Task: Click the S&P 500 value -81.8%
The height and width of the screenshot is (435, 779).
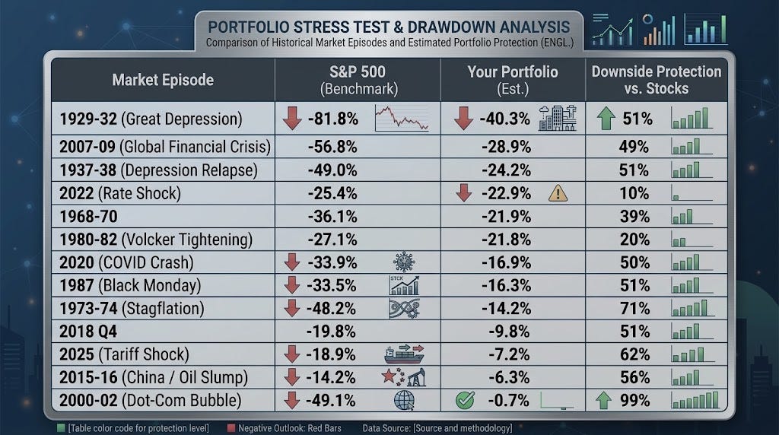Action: pyautogui.click(x=333, y=119)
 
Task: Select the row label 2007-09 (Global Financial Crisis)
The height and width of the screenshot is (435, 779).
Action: pyautogui.click(x=165, y=147)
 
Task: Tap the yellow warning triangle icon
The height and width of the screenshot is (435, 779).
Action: pyautogui.click(x=558, y=192)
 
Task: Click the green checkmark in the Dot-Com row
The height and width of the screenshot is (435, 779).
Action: pyautogui.click(x=465, y=400)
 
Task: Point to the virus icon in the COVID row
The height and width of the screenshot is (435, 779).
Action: pyautogui.click(x=404, y=262)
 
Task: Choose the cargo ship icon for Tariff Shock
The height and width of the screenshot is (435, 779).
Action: pyautogui.click(x=404, y=354)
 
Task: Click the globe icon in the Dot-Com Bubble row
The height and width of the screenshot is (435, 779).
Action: pyautogui.click(x=405, y=400)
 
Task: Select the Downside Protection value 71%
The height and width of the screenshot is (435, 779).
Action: pyautogui.click(x=634, y=308)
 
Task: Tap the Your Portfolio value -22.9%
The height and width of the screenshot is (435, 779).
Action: pyautogui.click(x=506, y=193)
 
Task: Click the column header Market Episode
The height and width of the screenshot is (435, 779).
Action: pyautogui.click(x=163, y=80)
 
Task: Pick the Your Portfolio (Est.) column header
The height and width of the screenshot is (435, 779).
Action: pyautogui.click(x=513, y=80)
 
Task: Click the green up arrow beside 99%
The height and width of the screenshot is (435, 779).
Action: pyautogui.click(x=603, y=400)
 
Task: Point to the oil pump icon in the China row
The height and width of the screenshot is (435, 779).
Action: pyautogui.click(x=416, y=377)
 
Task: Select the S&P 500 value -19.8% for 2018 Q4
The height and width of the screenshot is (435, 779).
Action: pyautogui.click(x=332, y=332)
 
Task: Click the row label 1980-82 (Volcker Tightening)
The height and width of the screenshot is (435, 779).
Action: pyautogui.click(x=156, y=240)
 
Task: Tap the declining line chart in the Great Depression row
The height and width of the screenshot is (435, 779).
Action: pyautogui.click(x=402, y=119)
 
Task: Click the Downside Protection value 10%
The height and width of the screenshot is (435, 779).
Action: pyautogui.click(x=634, y=193)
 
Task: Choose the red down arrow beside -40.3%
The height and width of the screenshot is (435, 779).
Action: pyautogui.click(x=463, y=119)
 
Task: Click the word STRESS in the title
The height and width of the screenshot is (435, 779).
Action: pyautogui.click(x=324, y=27)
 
